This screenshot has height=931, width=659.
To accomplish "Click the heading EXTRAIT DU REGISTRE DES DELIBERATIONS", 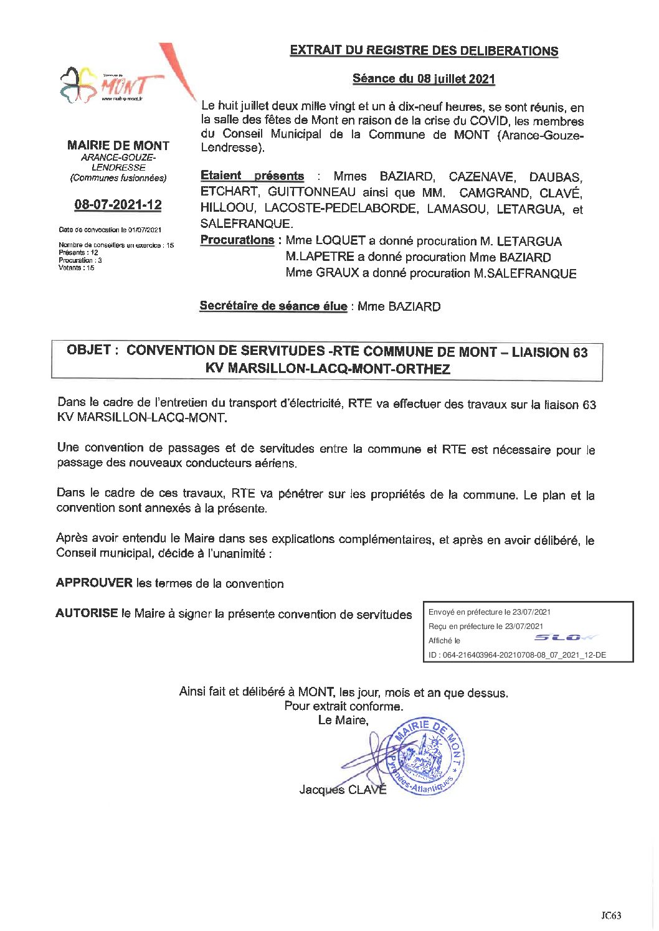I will coord(424,51).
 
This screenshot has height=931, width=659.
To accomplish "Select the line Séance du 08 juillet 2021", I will coord(424,79).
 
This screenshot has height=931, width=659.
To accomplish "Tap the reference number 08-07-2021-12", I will coord(118,205).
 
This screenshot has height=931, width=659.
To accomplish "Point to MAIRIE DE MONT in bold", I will coord(118,146).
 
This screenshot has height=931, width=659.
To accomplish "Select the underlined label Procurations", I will coord(237,240).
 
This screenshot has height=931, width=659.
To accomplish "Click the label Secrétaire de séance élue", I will coord(273,306).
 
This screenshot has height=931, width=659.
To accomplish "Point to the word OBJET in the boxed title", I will coord(89,351).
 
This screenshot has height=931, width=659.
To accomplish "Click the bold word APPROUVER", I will coord(94,584).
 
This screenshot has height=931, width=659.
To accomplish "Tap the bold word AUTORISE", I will coord(87,613).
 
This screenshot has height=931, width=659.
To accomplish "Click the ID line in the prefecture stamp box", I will coord(517,655).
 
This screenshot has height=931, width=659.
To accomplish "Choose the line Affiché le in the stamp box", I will coord(444,641).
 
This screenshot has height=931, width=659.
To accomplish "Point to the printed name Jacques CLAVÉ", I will coord(343,790).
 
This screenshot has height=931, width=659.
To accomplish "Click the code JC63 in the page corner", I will coord(611,915).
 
